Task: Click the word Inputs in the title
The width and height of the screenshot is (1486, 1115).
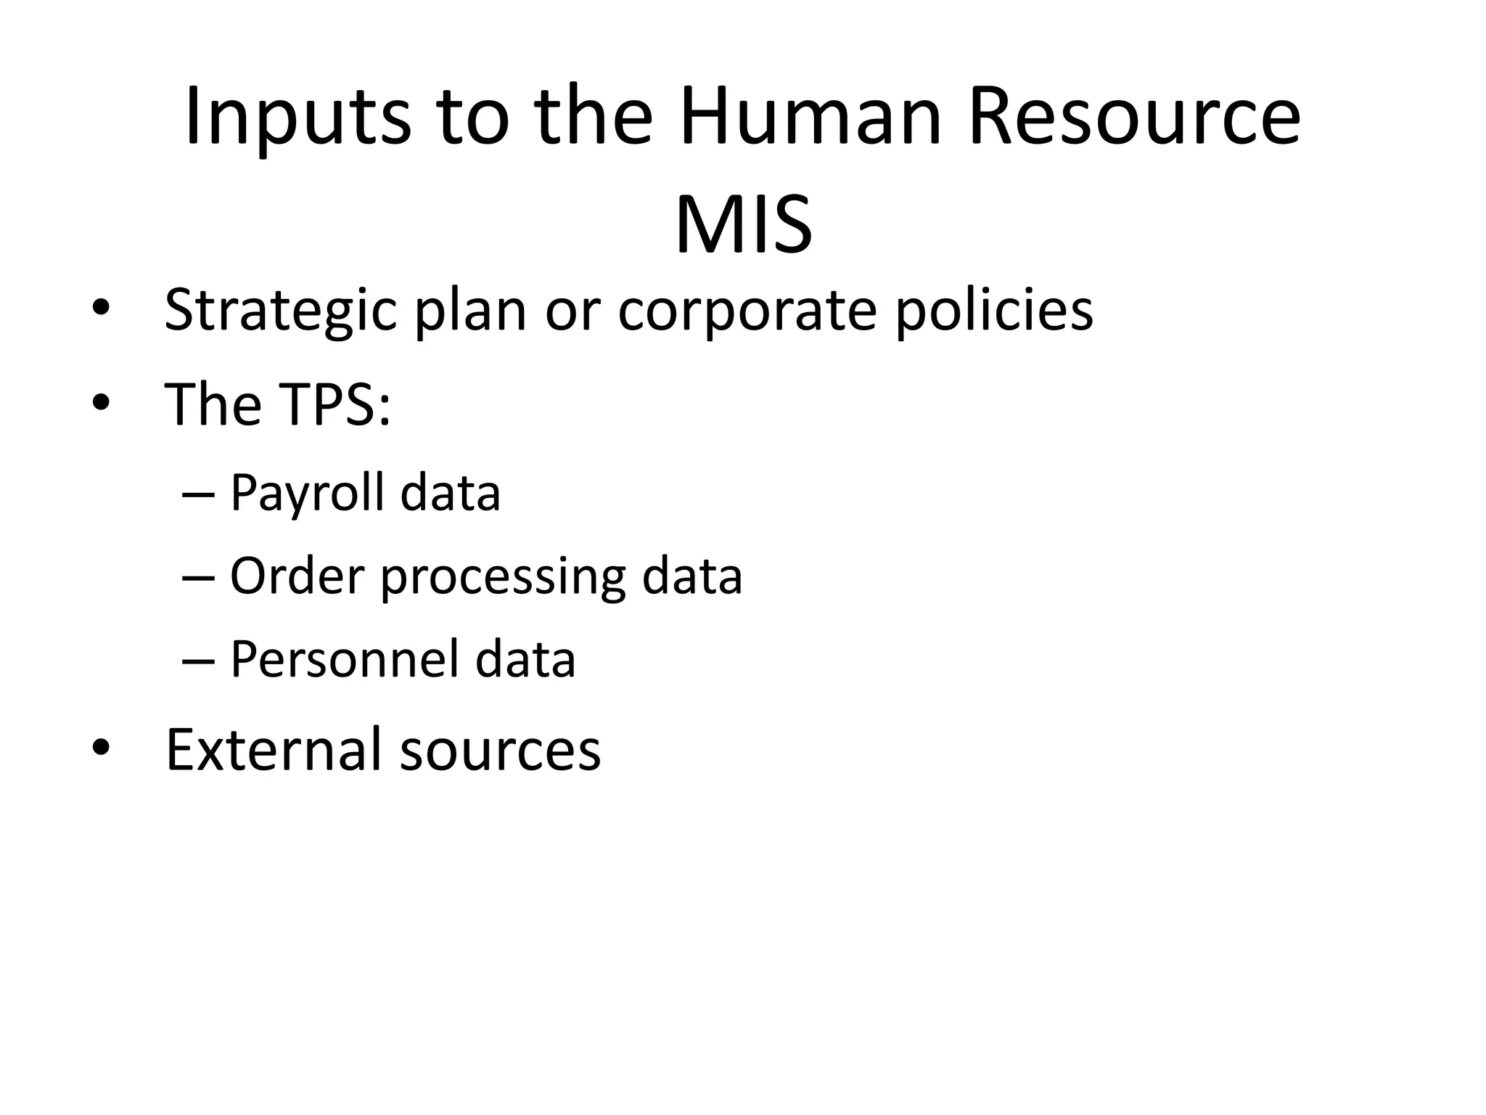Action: [297, 118]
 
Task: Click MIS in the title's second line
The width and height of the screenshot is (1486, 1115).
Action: [743, 224]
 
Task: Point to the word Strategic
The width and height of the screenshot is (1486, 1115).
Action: [280, 311]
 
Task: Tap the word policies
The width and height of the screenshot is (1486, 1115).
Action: [994, 311]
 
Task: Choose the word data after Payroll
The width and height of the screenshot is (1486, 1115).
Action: [450, 494]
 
